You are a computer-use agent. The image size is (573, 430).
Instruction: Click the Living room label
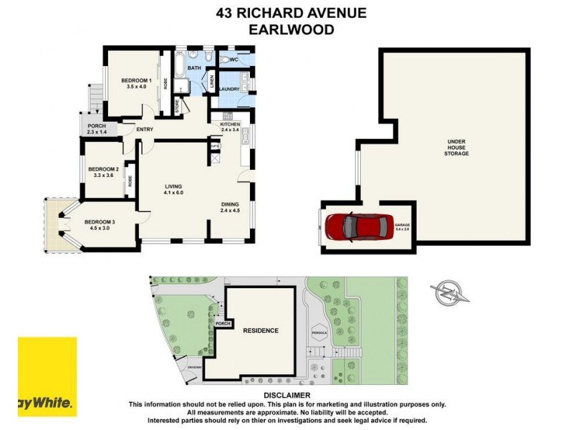click(174, 188)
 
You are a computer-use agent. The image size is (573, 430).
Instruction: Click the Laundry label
click(229, 89)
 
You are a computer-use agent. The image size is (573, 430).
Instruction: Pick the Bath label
click(194, 68)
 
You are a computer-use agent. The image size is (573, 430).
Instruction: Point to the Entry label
click(145, 130)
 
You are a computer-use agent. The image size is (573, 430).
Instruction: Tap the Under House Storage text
click(456, 148)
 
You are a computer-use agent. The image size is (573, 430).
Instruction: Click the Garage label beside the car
click(402, 226)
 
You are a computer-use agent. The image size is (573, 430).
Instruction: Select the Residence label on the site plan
click(260, 330)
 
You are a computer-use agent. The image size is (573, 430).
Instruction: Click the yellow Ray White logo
click(47, 376)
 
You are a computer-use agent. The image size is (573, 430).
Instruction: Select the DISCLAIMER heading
click(286, 395)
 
